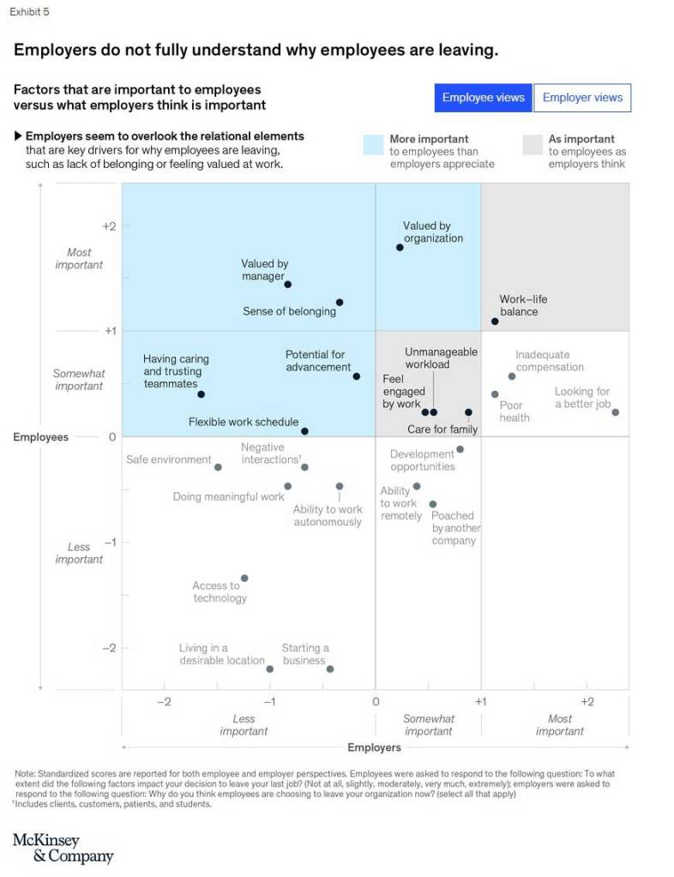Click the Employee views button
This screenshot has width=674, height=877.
click(483, 98)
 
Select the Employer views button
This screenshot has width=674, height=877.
click(582, 98)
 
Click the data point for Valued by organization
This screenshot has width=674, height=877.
click(400, 247)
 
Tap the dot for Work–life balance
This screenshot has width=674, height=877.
click(495, 321)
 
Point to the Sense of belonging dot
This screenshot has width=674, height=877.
click(340, 303)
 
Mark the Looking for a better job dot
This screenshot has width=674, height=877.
click(615, 412)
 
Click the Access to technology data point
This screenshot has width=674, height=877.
click(244, 579)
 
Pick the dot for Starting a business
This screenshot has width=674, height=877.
click(329, 669)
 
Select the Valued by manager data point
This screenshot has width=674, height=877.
click(288, 284)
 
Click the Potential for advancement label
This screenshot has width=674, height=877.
click(316, 361)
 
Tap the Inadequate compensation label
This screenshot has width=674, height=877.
click(549, 361)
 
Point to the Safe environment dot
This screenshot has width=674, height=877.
click(218, 467)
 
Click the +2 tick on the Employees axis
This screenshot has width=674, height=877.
click(109, 226)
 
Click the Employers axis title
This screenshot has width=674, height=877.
click(374, 748)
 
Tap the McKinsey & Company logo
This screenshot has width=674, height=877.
click(62, 848)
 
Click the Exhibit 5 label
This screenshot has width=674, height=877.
click(28, 11)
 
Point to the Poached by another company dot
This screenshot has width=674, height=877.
click(433, 504)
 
